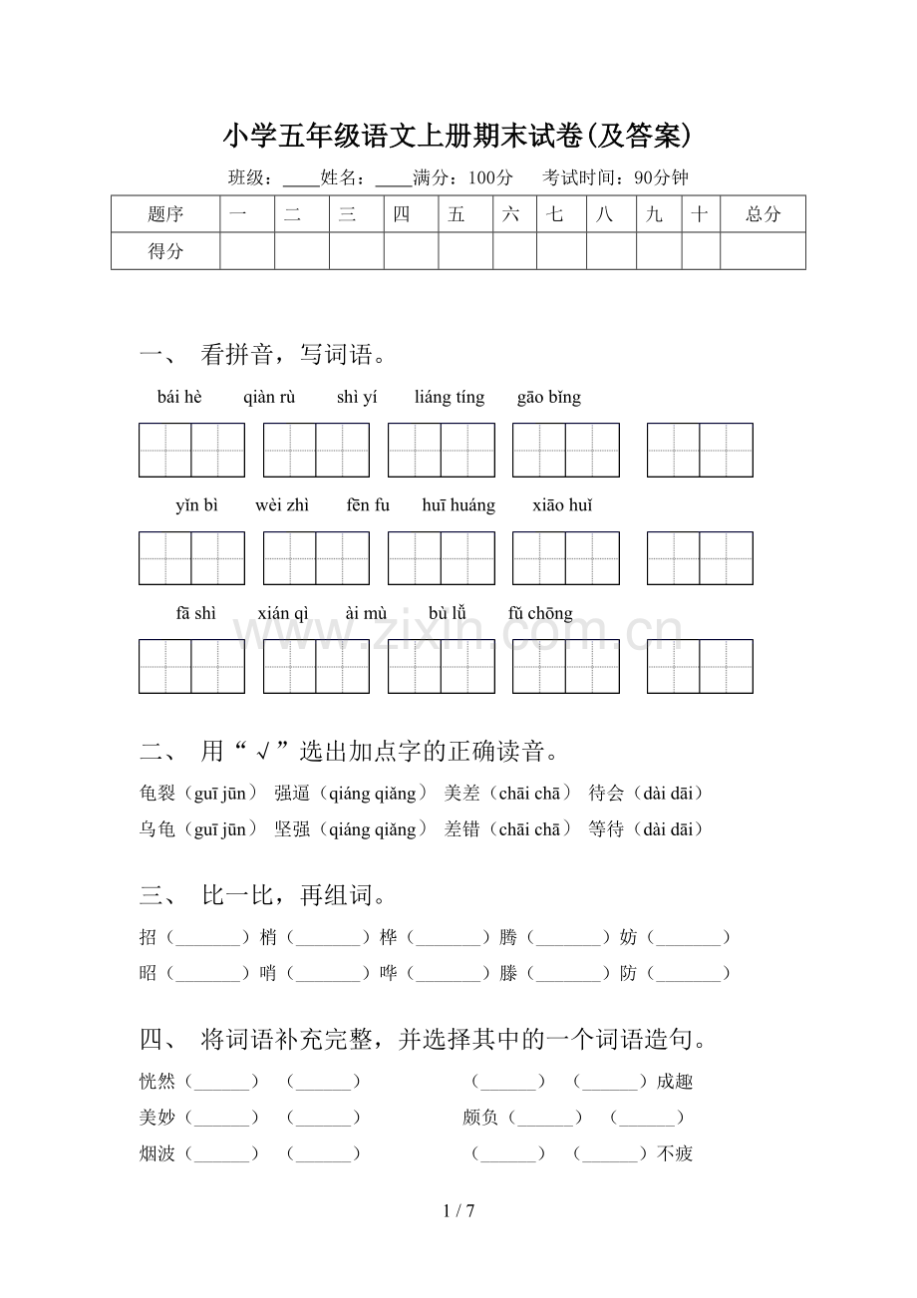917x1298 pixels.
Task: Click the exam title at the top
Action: point(458,134)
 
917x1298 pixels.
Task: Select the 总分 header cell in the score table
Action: point(763,214)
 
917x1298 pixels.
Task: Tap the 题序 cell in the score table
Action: point(165,214)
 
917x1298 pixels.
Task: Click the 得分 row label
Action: point(165,251)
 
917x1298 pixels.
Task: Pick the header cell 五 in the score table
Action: point(457,214)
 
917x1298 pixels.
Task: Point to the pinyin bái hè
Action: point(179,397)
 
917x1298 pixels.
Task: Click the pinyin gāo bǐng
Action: point(548,397)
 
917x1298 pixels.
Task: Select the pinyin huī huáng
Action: point(458,505)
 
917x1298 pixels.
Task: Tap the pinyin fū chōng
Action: point(540,614)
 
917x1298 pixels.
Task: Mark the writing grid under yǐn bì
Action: point(191,558)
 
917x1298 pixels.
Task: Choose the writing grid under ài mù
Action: point(441,667)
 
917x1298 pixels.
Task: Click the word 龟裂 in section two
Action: point(157,794)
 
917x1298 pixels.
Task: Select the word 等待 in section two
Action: point(606,829)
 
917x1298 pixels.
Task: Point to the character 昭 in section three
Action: point(149,973)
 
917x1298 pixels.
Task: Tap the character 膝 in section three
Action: point(508,973)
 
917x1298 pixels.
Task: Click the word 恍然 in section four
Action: point(157,1082)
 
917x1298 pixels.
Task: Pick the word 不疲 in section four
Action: point(675,1153)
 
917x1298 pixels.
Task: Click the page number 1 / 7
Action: point(458,1211)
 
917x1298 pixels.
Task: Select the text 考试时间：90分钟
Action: point(615,178)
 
